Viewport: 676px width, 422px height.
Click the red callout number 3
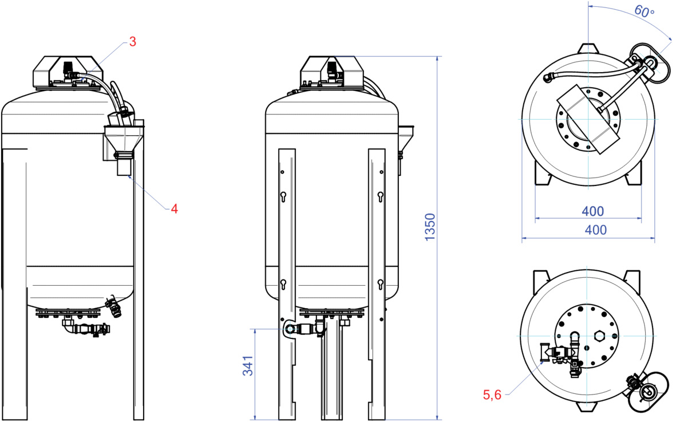(x=132, y=42)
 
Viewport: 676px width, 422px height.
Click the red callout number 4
(x=174, y=209)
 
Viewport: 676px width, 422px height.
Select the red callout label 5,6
(x=492, y=395)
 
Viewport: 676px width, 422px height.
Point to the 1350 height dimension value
(x=430, y=227)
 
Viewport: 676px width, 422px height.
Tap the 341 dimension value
(x=248, y=365)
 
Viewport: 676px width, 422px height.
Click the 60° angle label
(x=644, y=11)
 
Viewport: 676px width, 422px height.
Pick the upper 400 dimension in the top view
(x=593, y=211)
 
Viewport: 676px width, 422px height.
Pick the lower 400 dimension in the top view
(x=595, y=230)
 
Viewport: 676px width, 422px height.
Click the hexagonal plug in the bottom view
(x=599, y=336)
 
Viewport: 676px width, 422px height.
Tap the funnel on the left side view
(x=124, y=139)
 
